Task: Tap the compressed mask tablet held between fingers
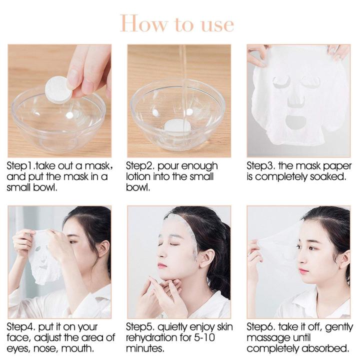coord(59,89)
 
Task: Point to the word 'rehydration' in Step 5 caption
coord(150,337)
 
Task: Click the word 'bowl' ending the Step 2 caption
coord(136,188)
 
